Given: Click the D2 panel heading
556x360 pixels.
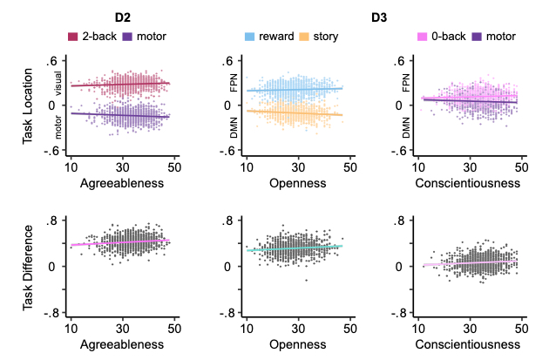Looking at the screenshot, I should (x=121, y=17).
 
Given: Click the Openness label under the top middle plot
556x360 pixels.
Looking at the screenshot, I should (x=296, y=184).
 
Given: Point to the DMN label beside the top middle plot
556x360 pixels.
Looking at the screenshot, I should (x=234, y=129).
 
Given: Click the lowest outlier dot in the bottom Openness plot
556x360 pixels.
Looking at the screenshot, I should (x=305, y=279).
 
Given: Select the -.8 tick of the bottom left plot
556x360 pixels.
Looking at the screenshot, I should (x=51, y=313).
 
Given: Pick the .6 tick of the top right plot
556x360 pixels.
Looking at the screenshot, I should (x=402, y=61).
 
